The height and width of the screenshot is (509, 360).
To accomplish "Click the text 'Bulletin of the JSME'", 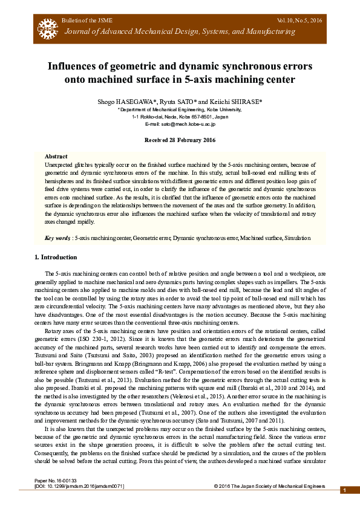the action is [85, 21].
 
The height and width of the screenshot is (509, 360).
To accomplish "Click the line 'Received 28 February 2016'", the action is [179, 140].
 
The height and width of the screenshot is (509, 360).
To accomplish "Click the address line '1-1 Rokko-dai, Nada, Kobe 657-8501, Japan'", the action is [180, 116].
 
